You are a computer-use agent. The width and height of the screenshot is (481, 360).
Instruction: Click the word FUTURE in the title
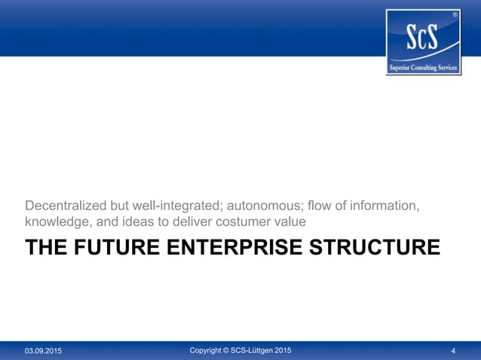click(112, 247)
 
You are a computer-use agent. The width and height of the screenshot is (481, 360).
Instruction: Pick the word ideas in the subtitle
click(139, 223)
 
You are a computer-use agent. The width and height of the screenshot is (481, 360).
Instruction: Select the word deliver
click(188, 223)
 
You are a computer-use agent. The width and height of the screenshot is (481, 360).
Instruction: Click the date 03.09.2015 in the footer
click(43, 351)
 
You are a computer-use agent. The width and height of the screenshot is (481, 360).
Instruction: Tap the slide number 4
click(453, 351)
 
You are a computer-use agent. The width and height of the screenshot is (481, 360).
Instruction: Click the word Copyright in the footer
click(210, 350)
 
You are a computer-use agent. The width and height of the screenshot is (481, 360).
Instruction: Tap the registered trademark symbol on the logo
click(454, 15)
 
